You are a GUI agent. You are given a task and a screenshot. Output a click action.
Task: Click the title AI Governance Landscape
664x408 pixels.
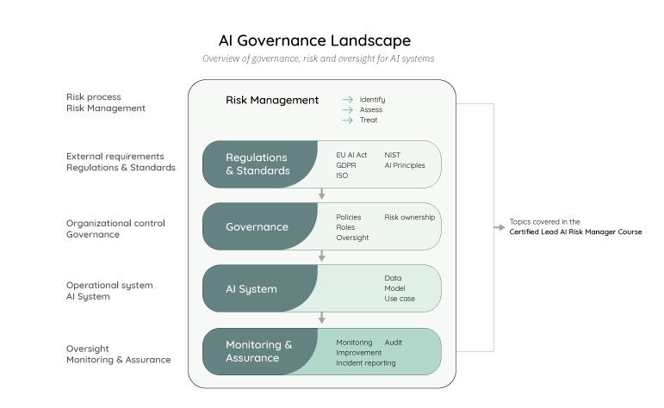314,40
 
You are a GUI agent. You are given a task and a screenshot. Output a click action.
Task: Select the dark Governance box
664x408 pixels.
257,226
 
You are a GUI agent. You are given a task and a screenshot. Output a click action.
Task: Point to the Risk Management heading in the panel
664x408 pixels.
272,100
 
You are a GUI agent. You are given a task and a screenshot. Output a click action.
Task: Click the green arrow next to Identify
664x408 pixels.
348,100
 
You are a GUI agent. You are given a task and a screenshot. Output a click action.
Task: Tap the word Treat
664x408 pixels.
369,120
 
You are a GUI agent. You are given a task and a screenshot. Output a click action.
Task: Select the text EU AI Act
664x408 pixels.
351,155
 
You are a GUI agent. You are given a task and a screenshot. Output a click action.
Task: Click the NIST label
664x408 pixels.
393,155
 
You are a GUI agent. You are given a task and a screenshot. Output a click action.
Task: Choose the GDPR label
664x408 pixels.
346,165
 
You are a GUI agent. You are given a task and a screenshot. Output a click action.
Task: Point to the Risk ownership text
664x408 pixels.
409,217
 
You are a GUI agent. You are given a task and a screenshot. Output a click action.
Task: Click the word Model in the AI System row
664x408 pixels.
394,288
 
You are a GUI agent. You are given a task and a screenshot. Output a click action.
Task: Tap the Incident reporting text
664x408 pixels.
366,363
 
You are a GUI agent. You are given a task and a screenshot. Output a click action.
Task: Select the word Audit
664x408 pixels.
394,343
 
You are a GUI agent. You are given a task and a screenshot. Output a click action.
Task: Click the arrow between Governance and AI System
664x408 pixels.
322,257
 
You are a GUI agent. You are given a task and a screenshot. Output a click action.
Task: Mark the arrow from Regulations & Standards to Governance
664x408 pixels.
322,195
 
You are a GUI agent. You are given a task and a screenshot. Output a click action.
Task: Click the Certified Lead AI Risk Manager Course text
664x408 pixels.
575,232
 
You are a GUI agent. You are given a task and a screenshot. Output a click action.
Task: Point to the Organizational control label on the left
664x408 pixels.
115,223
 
